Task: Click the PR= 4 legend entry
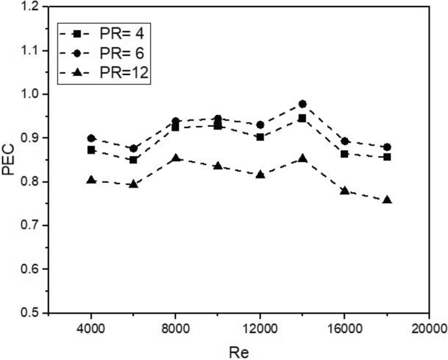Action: click(x=105, y=32)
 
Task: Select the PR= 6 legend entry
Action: click(x=105, y=53)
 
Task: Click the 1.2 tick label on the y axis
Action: click(x=29, y=7)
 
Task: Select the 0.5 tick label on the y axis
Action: click(x=29, y=313)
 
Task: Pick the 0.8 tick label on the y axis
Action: click(x=29, y=182)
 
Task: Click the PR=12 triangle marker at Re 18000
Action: click(x=387, y=200)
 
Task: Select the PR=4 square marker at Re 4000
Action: click(x=92, y=150)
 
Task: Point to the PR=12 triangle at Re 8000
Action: click(x=176, y=158)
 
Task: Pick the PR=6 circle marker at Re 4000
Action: click(x=92, y=139)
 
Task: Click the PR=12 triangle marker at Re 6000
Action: click(x=133, y=184)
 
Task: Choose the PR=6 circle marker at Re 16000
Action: click(x=345, y=141)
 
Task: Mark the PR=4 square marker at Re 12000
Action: click(x=260, y=137)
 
